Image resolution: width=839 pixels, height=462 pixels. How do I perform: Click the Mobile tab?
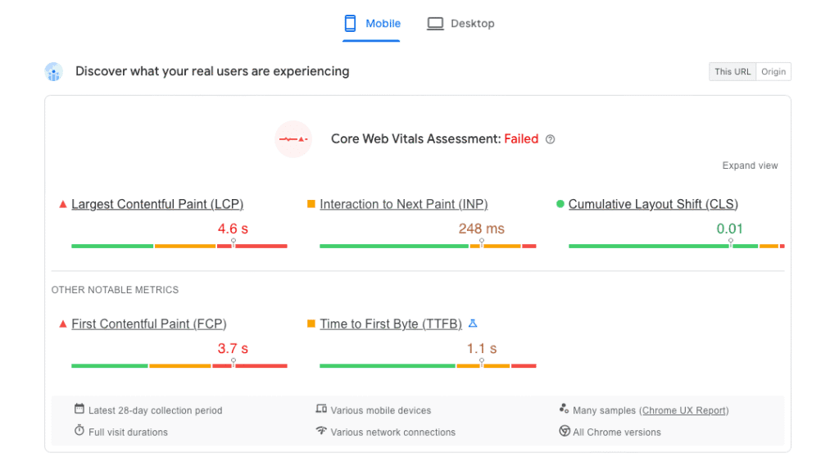click(372, 24)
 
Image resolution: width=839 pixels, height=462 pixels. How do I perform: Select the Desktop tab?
click(460, 24)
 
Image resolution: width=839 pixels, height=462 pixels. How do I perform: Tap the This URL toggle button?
click(732, 72)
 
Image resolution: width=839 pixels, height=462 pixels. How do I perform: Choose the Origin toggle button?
click(773, 72)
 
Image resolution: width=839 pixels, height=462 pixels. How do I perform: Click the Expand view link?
click(750, 165)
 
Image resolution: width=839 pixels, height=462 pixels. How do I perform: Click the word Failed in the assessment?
click(521, 139)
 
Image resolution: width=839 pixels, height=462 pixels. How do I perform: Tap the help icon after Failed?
click(551, 139)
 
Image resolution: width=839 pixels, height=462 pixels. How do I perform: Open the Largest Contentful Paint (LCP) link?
click(157, 204)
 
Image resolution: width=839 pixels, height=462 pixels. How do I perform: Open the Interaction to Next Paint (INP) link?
click(403, 204)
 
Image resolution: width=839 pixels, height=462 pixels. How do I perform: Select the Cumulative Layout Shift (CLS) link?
click(653, 204)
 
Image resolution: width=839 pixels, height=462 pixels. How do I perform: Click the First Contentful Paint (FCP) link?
click(149, 324)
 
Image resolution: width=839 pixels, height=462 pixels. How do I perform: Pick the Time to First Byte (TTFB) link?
click(391, 324)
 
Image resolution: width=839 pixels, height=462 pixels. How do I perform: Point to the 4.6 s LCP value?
click(233, 229)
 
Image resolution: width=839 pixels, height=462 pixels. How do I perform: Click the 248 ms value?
click(482, 229)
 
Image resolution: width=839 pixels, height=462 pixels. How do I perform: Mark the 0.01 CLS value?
click(730, 229)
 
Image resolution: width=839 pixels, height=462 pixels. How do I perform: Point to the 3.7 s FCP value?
click(233, 348)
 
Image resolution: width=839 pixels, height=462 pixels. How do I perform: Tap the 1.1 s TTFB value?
click(482, 348)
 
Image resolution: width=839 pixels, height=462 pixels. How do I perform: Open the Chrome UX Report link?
click(684, 410)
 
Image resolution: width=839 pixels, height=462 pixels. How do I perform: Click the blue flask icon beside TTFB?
click(473, 324)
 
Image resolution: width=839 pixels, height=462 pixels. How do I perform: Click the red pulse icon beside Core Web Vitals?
click(293, 139)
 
